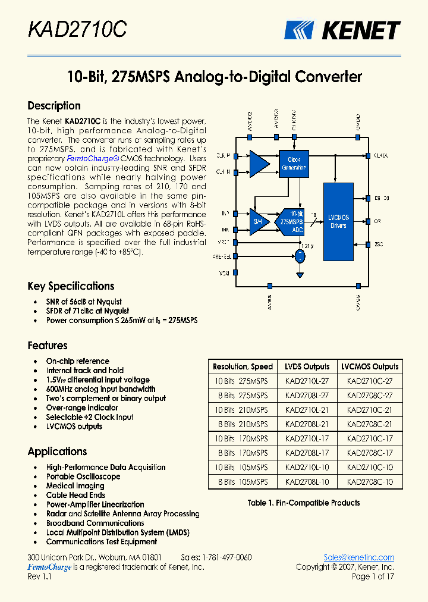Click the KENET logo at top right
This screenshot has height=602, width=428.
pos(342,30)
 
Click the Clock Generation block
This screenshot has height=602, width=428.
pos(294,164)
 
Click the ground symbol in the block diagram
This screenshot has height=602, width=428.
pos(300,275)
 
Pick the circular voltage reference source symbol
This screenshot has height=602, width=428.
pos(300,256)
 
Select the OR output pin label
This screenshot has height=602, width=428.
pos(377,221)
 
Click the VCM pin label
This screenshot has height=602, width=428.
pos(225,273)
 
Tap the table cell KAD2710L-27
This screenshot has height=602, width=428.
pos(307,381)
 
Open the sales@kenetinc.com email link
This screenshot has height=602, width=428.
pos(359,557)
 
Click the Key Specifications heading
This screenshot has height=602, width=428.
pos(71,286)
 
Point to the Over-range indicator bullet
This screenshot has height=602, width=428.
pos(82,408)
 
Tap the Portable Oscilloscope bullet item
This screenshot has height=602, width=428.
pos(83,476)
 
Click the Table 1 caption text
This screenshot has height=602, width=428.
pos(304,503)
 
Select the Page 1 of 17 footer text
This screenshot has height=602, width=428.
pos(373,576)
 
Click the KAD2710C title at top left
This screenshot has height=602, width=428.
pos(77,29)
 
